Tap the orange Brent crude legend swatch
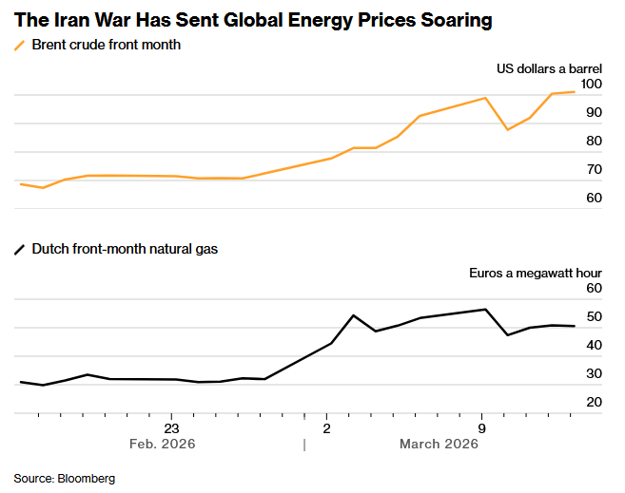pos(19,45)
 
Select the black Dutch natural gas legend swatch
pos(19,249)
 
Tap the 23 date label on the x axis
pos(171,427)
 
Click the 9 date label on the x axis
pos(481,427)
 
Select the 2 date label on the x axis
pos(326,427)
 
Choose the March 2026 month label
pos(439,445)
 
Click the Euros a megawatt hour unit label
pos(536,273)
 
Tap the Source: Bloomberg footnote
pos(64,479)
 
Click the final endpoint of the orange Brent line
pos(574,92)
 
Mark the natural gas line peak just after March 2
pos(353,315)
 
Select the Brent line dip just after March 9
pos(508,129)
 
